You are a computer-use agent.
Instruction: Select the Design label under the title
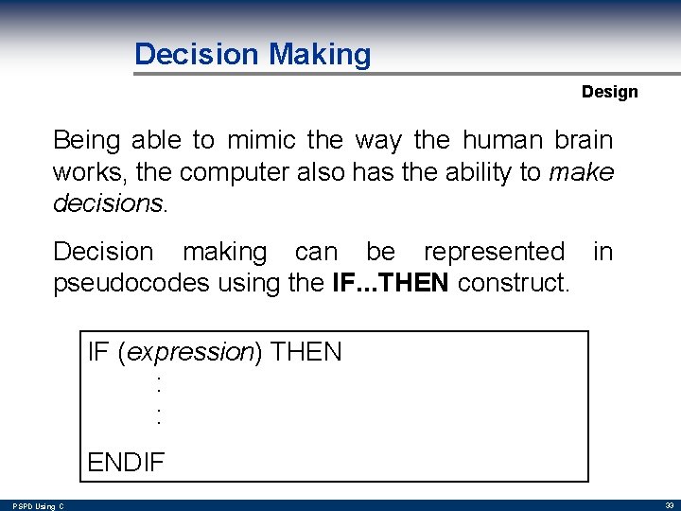pos(609,92)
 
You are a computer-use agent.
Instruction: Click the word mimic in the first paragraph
pos(261,141)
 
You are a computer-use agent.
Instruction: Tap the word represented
pos(493,252)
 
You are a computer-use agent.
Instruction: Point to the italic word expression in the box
pos(189,353)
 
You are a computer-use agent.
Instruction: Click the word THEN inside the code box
pos(306,353)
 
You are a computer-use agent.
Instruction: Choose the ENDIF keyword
pos(126,462)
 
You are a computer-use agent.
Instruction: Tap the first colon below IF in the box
pos(159,384)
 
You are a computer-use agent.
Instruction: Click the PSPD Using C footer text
pos(39,506)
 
